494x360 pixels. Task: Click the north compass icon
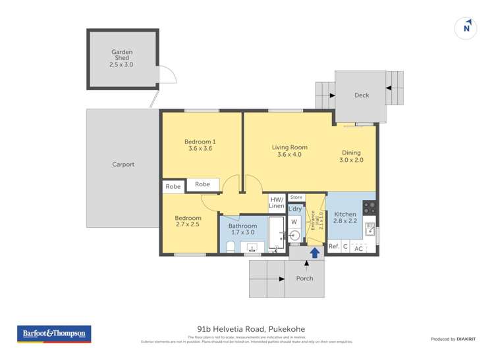click(466, 28)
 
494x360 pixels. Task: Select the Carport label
click(123, 165)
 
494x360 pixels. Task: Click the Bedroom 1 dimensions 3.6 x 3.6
click(200, 149)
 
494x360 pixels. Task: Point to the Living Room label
click(289, 147)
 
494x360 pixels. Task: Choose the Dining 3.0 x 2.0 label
click(350, 156)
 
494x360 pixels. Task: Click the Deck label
click(362, 95)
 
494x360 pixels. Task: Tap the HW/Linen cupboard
click(277, 203)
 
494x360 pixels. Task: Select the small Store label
click(296, 197)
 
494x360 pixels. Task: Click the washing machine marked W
click(294, 222)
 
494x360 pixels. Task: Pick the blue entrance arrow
click(315, 252)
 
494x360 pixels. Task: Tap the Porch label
click(305, 278)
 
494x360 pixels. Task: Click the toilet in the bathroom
click(230, 247)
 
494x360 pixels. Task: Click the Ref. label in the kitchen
click(334, 247)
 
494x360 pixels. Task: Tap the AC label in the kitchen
click(359, 249)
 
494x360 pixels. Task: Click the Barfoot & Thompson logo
click(54, 334)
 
